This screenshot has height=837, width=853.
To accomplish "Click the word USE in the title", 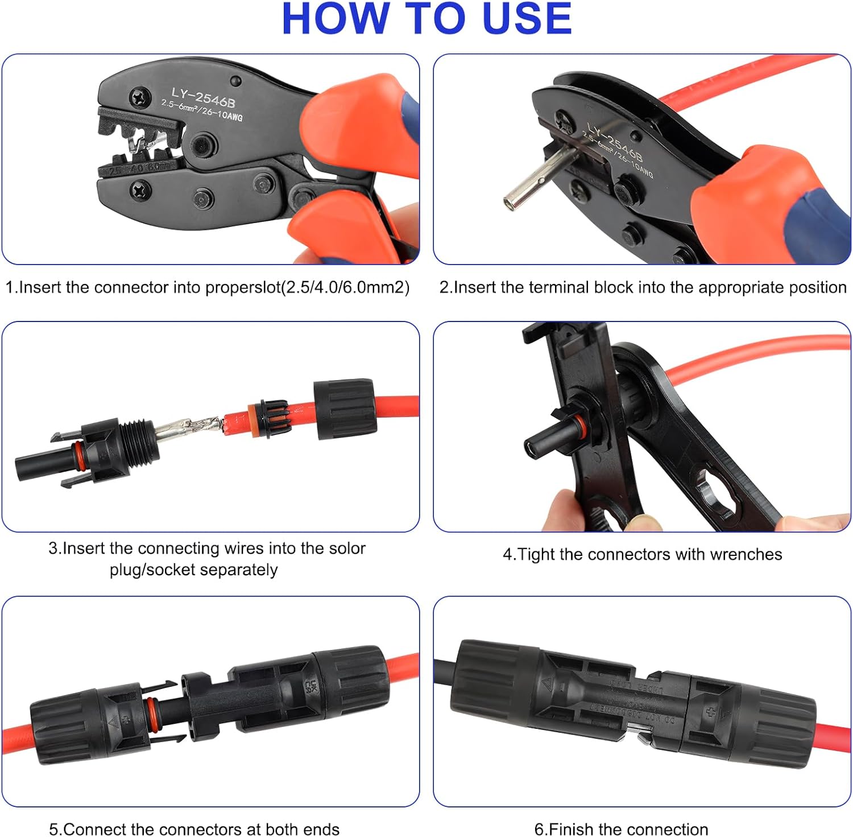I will coord(526,19).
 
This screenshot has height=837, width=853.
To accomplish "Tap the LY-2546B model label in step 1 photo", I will coord(203,97).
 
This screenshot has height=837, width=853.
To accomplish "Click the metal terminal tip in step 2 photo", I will coord(511,199).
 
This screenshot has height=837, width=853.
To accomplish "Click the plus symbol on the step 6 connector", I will coord(710,712).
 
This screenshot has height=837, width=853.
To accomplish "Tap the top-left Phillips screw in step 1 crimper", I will coord(139,97).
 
